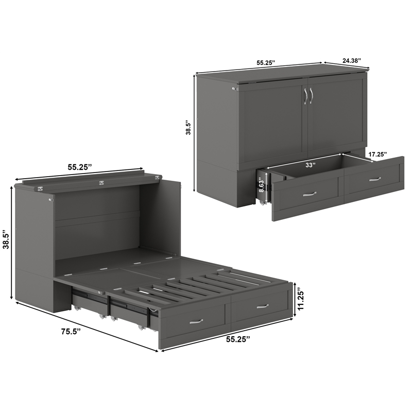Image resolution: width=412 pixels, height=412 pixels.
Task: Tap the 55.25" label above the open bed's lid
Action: pyautogui.click(x=79, y=167)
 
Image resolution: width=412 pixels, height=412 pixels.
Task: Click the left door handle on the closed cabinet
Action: pyautogui.click(x=305, y=96)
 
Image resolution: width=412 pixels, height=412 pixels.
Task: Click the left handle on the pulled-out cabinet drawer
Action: pyautogui.click(x=310, y=194)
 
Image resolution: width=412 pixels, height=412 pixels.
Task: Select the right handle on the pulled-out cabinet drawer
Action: pyautogui.click(x=375, y=179)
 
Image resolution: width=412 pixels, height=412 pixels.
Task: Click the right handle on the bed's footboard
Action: pyautogui.click(x=263, y=306)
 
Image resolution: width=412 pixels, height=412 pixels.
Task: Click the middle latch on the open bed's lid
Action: pyautogui.click(x=100, y=182)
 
